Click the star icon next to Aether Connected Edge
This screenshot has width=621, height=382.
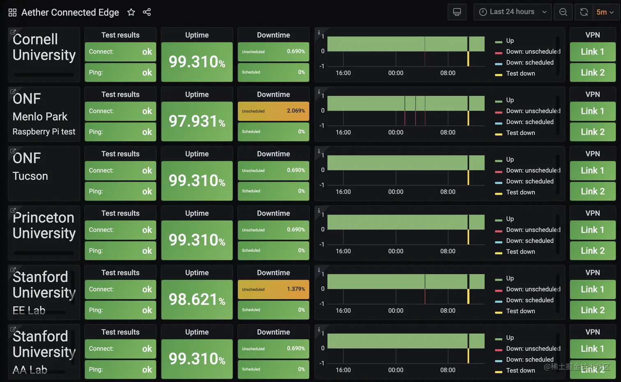131,12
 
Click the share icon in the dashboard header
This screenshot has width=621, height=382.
147,12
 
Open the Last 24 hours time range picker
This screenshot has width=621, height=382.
512,12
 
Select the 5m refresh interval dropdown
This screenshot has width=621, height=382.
605,12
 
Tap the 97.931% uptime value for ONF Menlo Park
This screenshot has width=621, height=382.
197,121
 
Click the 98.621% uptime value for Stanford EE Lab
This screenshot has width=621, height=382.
197,299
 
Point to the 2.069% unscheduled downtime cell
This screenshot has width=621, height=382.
273,111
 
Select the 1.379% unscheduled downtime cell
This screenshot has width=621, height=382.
273,289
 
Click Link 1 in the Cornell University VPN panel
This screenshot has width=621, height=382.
592,52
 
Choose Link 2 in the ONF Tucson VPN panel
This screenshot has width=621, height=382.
592,191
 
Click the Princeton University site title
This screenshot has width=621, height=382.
44,225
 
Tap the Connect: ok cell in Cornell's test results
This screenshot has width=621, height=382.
120,52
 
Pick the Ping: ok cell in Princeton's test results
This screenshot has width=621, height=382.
120,251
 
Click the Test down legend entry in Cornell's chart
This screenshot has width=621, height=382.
520,74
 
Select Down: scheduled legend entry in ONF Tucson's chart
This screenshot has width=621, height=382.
529,181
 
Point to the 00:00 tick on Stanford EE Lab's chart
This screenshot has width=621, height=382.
396,310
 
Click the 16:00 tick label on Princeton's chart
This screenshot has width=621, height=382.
343,251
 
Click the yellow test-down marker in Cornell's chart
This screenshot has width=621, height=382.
468,59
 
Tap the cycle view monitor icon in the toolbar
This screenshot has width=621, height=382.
457,12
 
